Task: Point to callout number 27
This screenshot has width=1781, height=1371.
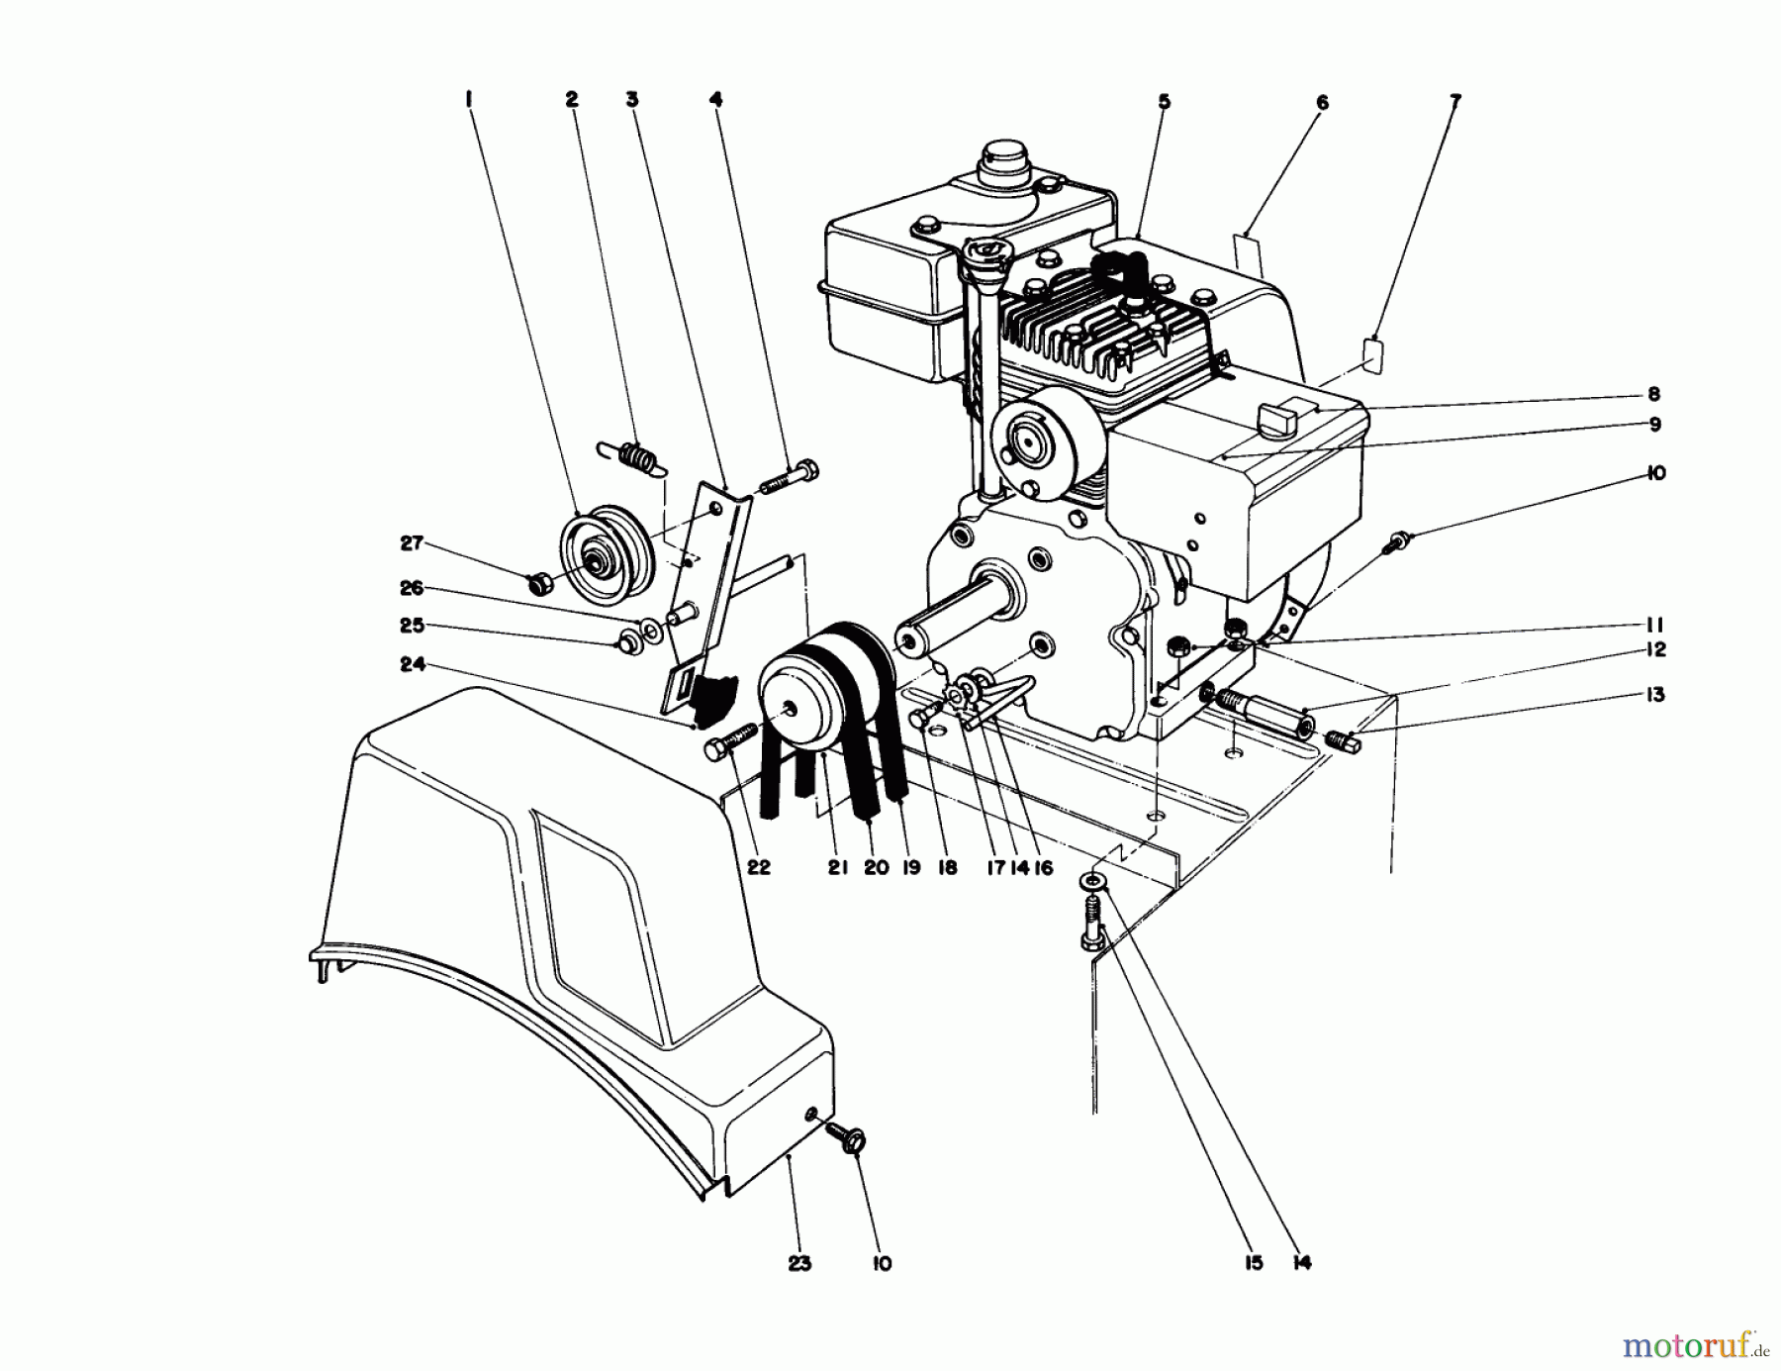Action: tap(412, 542)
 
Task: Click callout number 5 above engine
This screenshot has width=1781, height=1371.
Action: tap(1164, 101)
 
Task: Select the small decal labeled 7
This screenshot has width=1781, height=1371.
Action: tap(1371, 353)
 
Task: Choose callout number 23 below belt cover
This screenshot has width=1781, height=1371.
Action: tap(799, 1262)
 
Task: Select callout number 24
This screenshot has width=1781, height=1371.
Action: tap(413, 665)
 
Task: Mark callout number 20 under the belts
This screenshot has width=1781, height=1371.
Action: tap(875, 867)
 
